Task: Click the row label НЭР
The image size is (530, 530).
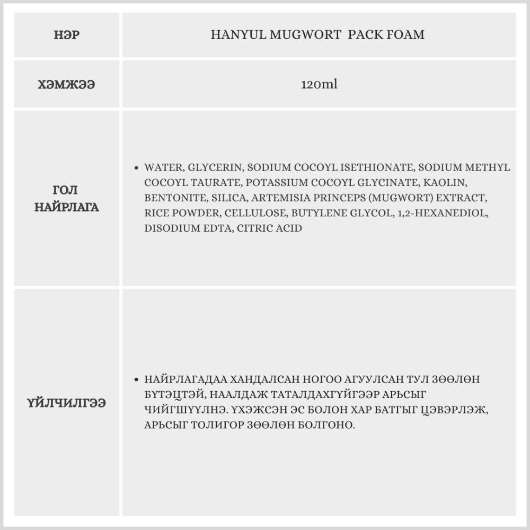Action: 67,36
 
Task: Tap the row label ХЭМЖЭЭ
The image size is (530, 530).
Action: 67,85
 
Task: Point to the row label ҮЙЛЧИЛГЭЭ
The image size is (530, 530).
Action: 67,403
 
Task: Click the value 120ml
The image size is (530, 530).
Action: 319,84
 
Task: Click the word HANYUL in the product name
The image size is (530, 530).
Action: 232,35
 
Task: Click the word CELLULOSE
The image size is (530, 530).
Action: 257,214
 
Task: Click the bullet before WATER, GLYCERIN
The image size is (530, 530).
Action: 137,167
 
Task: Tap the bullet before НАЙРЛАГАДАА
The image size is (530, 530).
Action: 137,380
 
